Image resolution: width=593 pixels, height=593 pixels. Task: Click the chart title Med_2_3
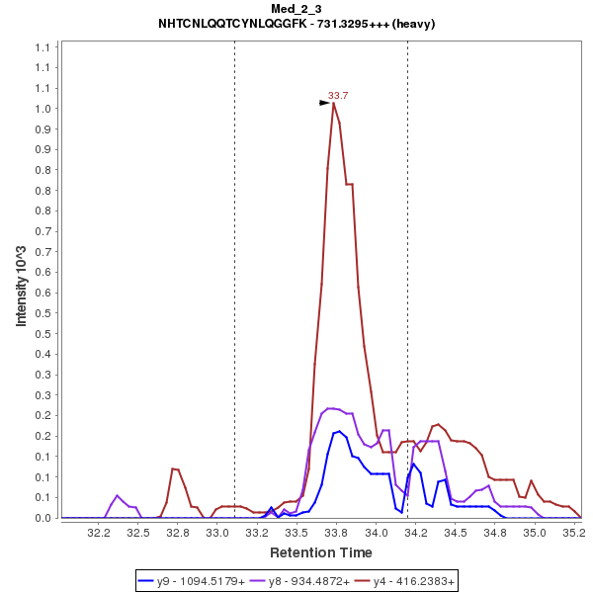pyautogui.click(x=296, y=9)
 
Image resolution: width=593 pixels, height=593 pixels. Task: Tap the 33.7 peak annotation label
pyautogui.click(x=338, y=96)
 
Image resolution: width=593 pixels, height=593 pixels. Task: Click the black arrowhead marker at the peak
pyautogui.click(x=324, y=102)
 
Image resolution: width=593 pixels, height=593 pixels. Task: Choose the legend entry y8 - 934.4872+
pyautogui.click(x=302, y=581)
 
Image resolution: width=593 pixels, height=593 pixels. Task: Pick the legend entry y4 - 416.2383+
pyautogui.click(x=406, y=581)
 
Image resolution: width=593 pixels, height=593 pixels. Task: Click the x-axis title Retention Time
pyautogui.click(x=321, y=552)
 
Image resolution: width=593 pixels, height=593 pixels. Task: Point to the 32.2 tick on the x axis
pyautogui.click(x=98, y=533)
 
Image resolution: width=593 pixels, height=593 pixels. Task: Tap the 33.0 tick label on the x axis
pyautogui.click(x=217, y=533)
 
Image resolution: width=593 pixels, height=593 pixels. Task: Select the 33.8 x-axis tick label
pyautogui.click(x=336, y=533)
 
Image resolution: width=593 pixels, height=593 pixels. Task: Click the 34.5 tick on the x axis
pyautogui.click(x=456, y=533)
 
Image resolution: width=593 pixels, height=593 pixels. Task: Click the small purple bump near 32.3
pyautogui.click(x=118, y=496)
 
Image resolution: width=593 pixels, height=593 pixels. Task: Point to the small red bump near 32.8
pyautogui.click(x=175, y=469)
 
